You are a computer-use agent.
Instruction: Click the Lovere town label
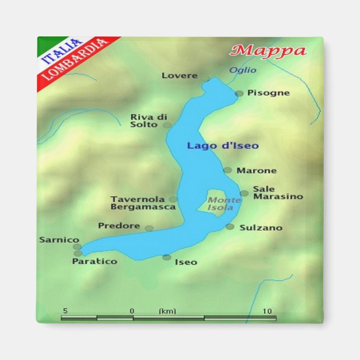pyautogui.click(x=179, y=75)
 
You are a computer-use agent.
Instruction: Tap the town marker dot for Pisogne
pyautogui.click(x=239, y=93)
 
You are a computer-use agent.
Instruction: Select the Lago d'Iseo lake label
pyautogui.click(x=222, y=146)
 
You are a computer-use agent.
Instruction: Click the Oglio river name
pyautogui.click(x=243, y=70)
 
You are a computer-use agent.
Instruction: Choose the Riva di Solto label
pyautogui.click(x=149, y=121)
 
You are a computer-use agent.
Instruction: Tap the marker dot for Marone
pyautogui.click(x=228, y=170)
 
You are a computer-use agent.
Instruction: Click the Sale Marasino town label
pyautogui.click(x=278, y=193)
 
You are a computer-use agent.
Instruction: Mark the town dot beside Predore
pyautogui.click(x=149, y=228)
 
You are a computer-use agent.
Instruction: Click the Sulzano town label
pyautogui.click(x=260, y=228)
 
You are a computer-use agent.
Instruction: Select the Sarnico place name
pyautogui.click(x=59, y=240)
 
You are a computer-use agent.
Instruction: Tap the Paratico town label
pyautogui.click(x=94, y=261)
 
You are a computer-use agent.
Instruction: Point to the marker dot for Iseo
pyautogui.click(x=167, y=257)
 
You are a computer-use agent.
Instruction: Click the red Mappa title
pyautogui.click(x=269, y=51)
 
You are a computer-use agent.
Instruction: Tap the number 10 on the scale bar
pyautogui.click(x=267, y=311)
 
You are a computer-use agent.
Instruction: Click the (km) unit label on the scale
pyautogui.click(x=167, y=311)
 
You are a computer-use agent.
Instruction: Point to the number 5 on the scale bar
pyautogui.click(x=65, y=311)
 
